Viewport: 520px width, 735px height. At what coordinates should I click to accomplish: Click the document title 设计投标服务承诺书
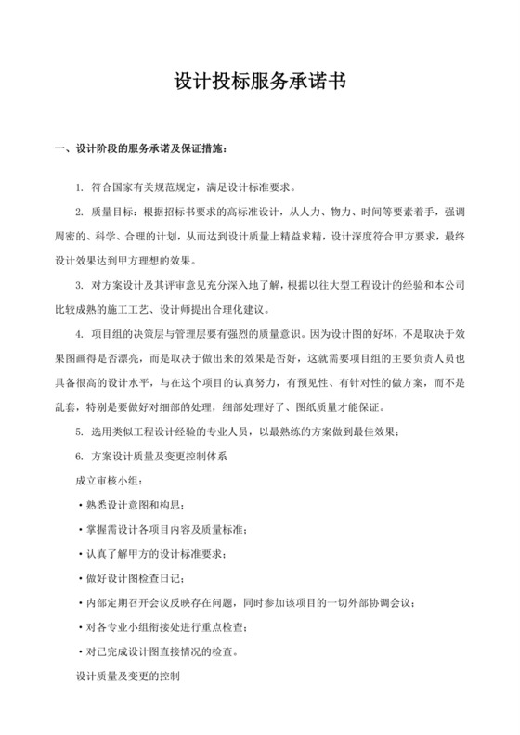point(259,82)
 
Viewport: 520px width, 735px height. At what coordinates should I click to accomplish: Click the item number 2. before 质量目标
point(80,213)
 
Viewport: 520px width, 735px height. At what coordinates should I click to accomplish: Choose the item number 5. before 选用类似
point(80,432)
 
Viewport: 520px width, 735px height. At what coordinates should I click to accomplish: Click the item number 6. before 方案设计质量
point(80,457)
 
